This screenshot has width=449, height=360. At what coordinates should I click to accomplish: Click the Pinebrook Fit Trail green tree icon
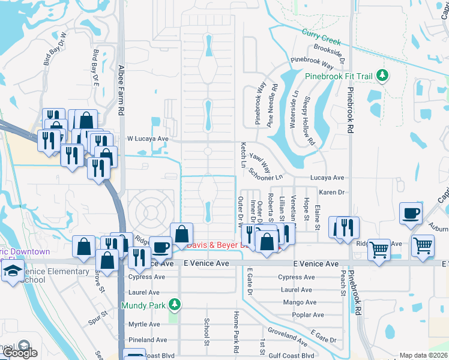click(381, 76)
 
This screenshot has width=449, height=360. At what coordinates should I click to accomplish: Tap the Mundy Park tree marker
click(175, 305)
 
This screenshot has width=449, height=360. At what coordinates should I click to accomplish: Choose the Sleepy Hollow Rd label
click(310, 121)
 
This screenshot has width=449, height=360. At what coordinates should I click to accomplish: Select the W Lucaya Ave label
click(148, 139)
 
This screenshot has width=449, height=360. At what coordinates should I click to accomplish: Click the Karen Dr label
click(331, 193)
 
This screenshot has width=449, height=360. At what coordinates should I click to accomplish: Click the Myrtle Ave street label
click(144, 325)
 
